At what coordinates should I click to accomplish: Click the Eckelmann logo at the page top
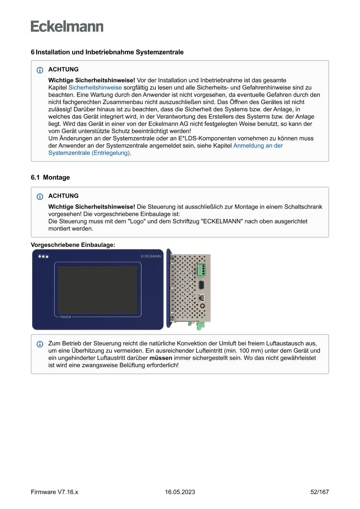point(67,26)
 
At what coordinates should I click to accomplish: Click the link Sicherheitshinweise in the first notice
point(95,88)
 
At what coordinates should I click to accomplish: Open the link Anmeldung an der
point(258,145)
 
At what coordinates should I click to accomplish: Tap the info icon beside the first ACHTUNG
point(40,70)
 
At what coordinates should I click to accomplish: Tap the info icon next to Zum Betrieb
point(40,344)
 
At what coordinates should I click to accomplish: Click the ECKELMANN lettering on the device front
point(151,256)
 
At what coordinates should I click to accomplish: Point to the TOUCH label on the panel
point(65,317)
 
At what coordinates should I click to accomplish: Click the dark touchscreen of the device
point(98,290)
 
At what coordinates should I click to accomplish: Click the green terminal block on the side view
point(201,270)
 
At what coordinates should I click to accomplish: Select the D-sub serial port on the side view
point(202,285)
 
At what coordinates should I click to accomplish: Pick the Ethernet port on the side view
point(202,298)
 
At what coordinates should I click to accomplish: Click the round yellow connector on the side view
point(202,307)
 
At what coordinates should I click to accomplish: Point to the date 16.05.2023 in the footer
point(180,492)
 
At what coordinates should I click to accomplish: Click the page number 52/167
point(320,492)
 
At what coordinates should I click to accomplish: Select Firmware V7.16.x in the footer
point(54,492)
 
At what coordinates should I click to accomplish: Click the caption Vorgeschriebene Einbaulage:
point(73,245)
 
